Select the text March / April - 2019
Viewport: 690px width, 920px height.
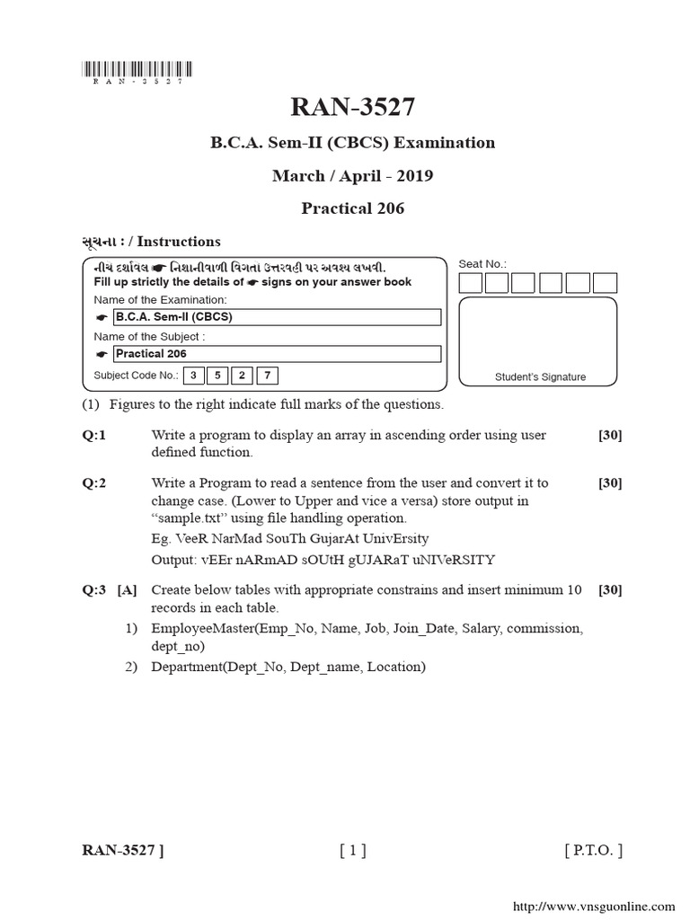coord(352,175)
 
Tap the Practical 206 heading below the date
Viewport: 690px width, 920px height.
coord(352,208)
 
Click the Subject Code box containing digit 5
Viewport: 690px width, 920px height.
coord(217,376)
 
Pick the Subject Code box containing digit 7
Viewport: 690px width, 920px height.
coord(266,376)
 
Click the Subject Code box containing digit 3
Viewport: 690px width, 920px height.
coord(192,376)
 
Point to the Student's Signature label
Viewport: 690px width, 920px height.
coord(540,377)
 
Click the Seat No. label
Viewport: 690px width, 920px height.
coord(482,264)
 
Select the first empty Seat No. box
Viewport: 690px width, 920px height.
coord(471,283)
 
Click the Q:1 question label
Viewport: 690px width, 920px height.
coord(94,435)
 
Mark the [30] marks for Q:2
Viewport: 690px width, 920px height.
coord(610,483)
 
